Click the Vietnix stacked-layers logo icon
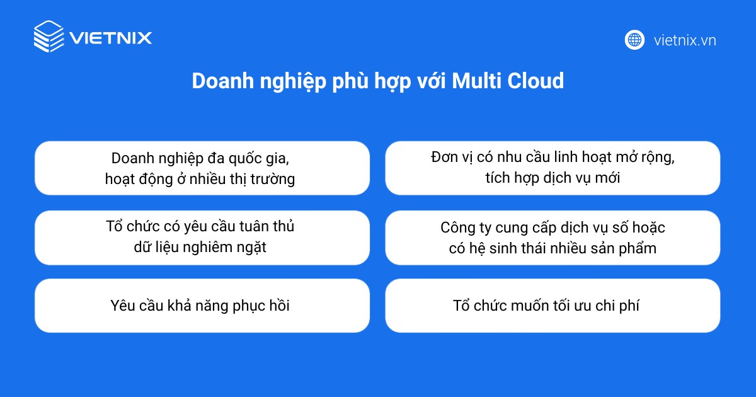[x=49, y=37]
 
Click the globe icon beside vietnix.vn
[x=634, y=40]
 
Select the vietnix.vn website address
[x=685, y=40]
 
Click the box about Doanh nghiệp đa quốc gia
[x=202, y=168]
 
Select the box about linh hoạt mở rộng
[x=553, y=168]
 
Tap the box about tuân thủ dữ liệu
[x=202, y=237]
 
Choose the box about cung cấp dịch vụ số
[x=553, y=237]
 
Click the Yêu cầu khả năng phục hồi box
[x=202, y=306]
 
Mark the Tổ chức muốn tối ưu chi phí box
[x=553, y=306]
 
